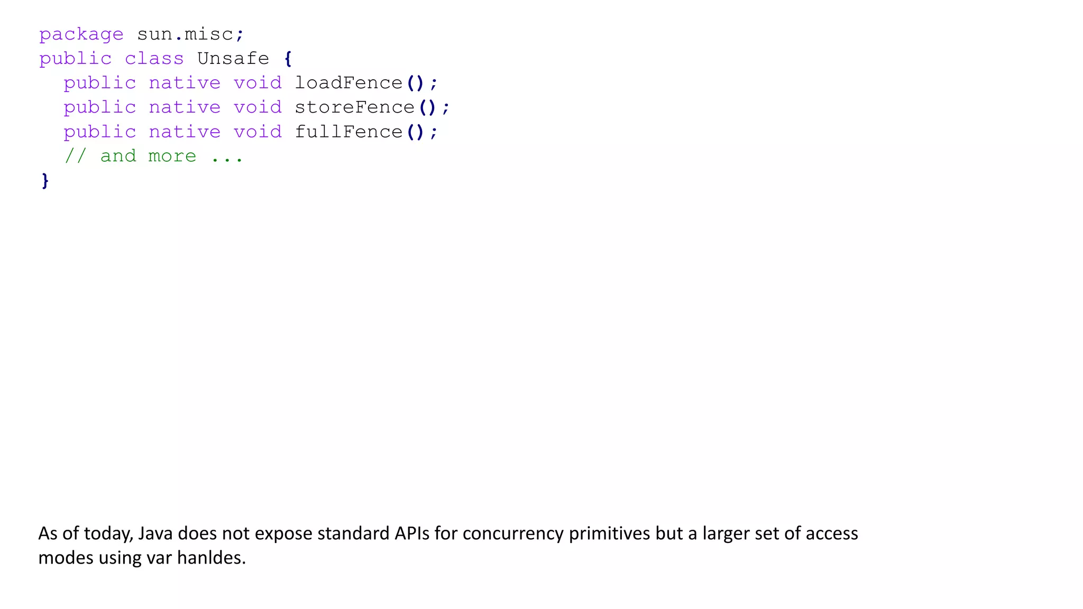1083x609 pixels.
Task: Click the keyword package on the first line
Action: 81,35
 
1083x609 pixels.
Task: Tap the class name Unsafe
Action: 233,58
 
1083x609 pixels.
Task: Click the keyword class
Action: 154,58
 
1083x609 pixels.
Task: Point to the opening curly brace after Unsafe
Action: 288,59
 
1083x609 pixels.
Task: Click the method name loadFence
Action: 348,83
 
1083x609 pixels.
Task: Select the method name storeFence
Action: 354,107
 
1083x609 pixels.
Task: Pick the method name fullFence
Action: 348,132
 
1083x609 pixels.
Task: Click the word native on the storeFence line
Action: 185,107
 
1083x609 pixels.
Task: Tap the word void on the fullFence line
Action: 258,132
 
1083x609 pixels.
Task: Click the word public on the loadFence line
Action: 99,83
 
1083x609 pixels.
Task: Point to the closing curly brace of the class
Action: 45,181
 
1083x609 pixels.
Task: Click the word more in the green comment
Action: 172,156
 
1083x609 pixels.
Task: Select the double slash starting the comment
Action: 75,156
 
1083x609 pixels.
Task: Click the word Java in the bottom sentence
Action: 155,533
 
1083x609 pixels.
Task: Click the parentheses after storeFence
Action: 427,107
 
